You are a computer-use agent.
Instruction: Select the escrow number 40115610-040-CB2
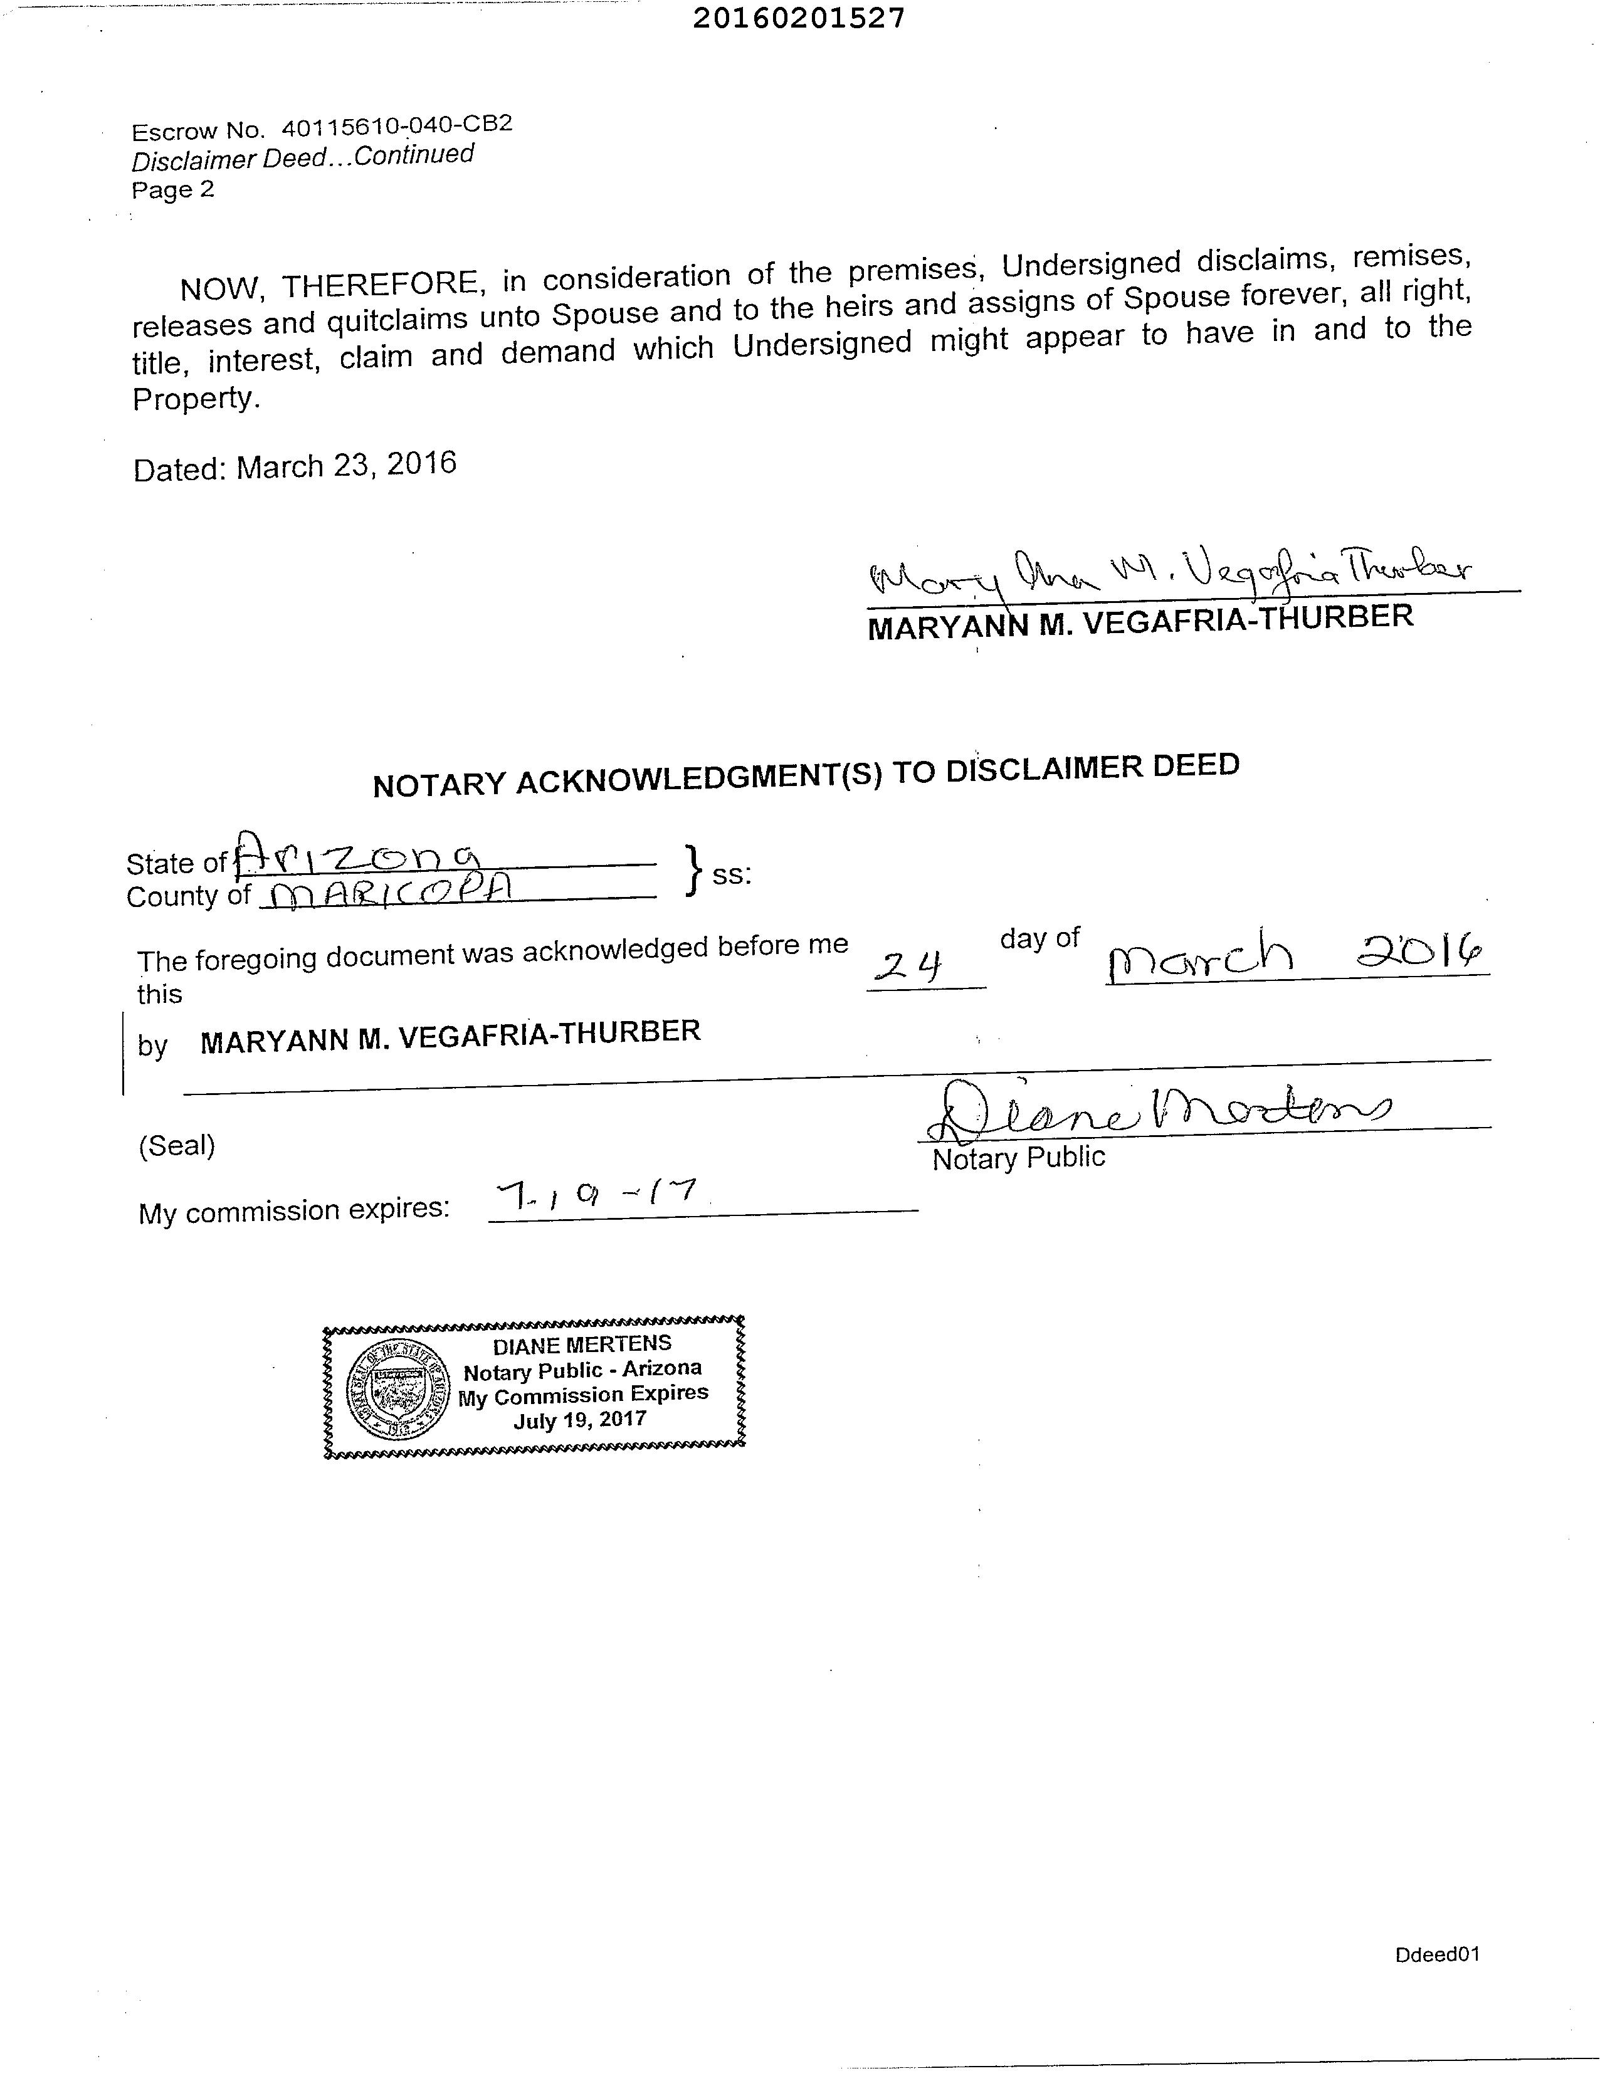pyautogui.click(x=396, y=125)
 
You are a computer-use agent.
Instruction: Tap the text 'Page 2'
pyautogui.click(x=173, y=190)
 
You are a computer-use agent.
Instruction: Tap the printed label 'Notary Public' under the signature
pyautogui.click(x=1018, y=1158)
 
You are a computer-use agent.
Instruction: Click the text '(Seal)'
pyautogui.click(x=177, y=1145)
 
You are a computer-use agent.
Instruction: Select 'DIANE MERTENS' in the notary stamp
pyautogui.click(x=582, y=1344)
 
